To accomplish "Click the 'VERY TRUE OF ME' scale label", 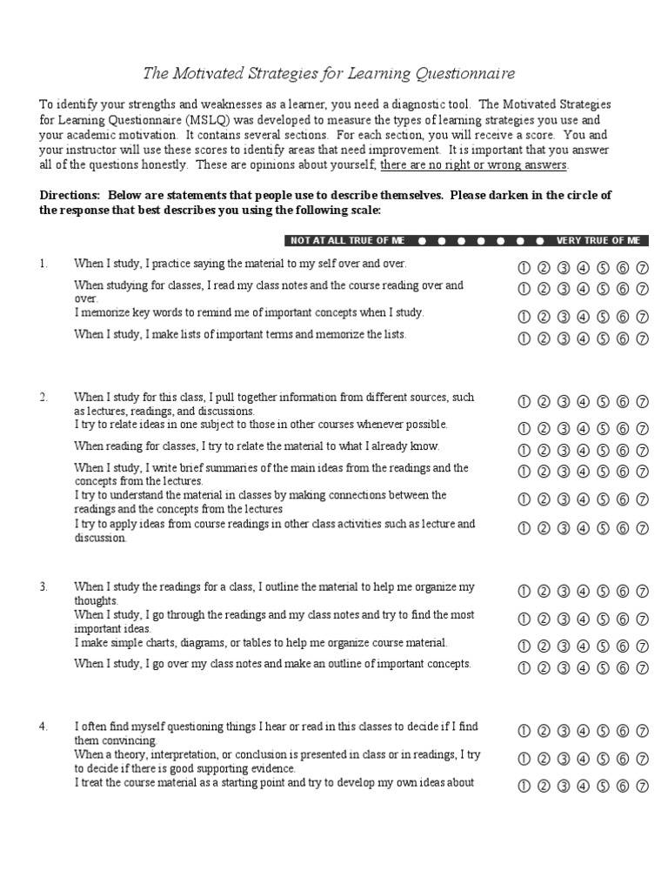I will coord(598,240).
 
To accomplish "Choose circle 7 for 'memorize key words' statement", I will coord(642,317).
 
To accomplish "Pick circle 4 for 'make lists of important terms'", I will coord(583,338).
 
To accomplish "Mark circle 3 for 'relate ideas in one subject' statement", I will coord(563,429).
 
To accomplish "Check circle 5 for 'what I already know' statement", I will coord(603,451).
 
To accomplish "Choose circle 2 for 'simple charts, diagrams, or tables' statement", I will coord(544,646).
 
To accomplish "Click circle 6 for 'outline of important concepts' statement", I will coord(623,668).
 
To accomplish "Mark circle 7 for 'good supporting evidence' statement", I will coord(642,759).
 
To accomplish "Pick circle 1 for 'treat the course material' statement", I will coord(524,787).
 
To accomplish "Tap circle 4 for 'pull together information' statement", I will coord(583,401).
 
